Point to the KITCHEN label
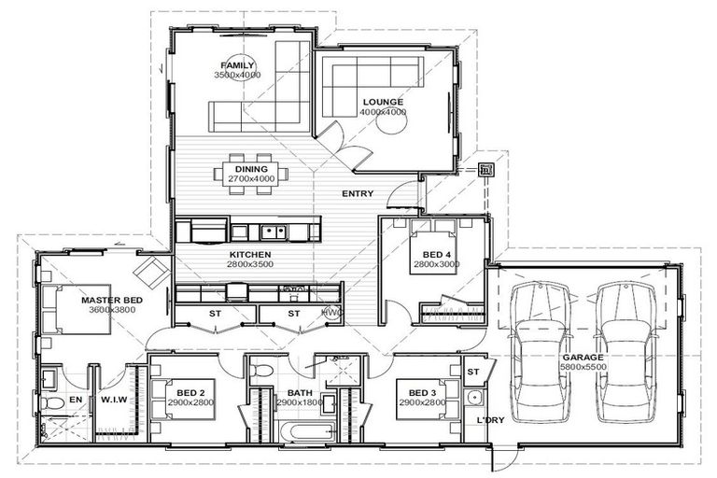250,254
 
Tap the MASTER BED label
111,300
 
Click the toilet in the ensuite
52,403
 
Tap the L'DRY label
490,420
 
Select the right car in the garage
625,350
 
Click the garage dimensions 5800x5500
582,368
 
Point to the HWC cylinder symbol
330,313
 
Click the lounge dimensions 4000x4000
383,112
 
